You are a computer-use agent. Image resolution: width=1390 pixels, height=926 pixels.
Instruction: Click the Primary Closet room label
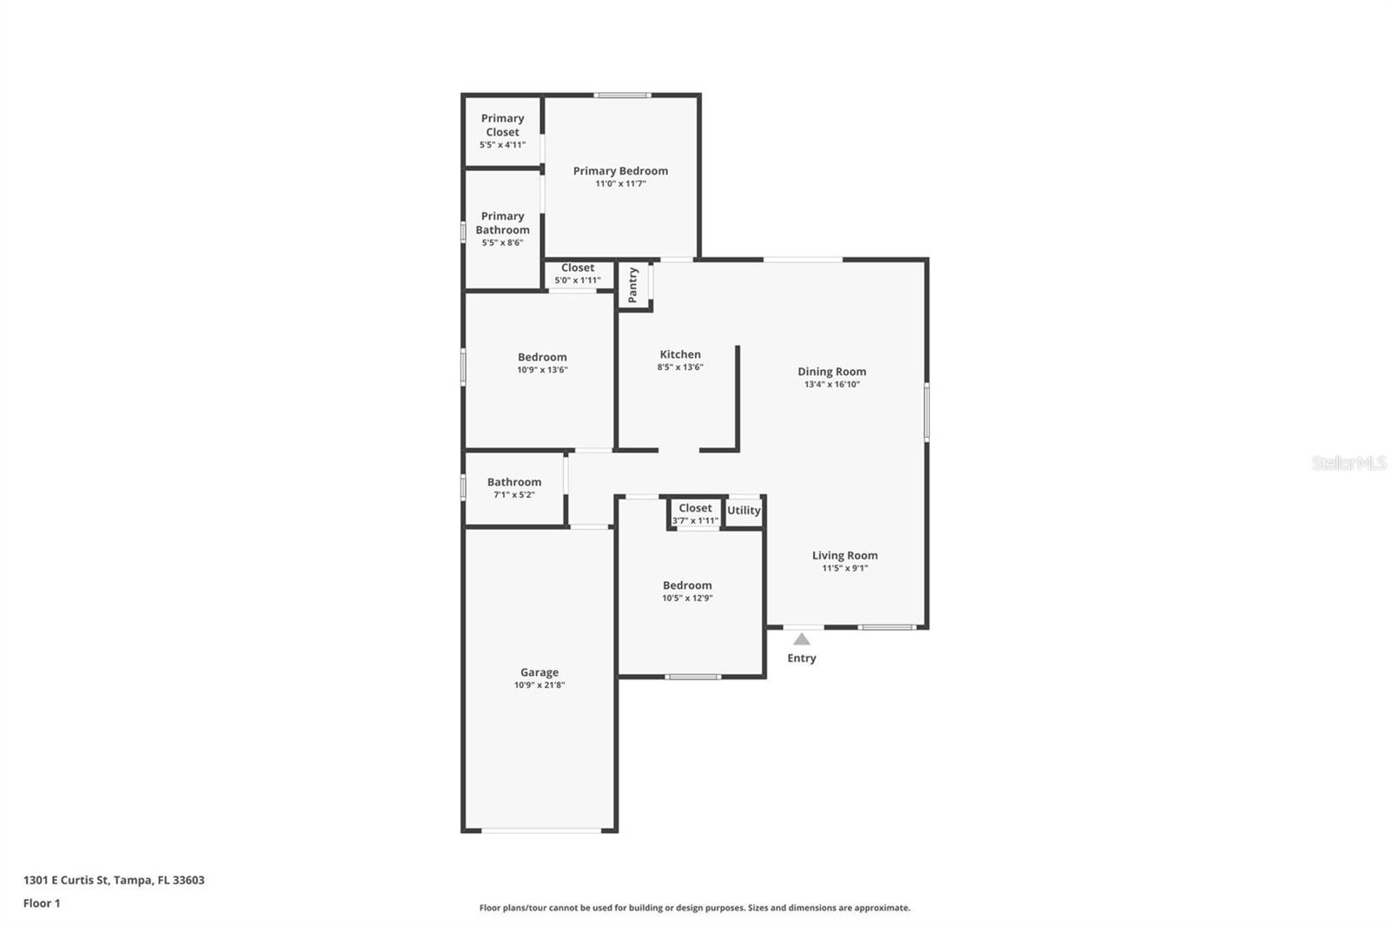click(x=502, y=125)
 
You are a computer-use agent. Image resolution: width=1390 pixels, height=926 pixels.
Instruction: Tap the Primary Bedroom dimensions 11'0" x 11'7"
click(x=620, y=184)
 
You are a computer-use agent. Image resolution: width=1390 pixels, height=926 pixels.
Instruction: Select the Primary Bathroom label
click(x=502, y=223)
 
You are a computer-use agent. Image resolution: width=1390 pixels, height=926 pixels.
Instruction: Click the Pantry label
click(x=633, y=285)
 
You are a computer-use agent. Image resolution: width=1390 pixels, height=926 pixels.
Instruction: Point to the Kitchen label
click(x=680, y=354)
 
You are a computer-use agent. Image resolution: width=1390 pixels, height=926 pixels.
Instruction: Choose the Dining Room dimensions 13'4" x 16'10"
click(x=831, y=384)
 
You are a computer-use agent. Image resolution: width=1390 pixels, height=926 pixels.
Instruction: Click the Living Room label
click(x=844, y=556)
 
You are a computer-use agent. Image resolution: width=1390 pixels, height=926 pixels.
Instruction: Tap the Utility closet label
click(x=744, y=511)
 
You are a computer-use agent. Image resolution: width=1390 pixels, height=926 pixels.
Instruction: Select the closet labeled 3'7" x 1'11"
click(x=695, y=514)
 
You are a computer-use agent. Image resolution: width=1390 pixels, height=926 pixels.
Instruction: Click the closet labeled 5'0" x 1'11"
click(x=578, y=274)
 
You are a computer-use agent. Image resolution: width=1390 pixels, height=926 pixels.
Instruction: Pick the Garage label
click(x=539, y=672)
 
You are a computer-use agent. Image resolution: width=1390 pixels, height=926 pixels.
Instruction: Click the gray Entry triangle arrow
click(x=802, y=639)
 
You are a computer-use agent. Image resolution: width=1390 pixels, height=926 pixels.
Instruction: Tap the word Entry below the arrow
click(x=802, y=658)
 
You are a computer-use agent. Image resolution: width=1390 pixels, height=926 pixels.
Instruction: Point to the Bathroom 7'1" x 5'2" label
click(x=513, y=487)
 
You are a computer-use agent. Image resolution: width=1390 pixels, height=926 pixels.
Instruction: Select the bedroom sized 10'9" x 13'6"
click(x=542, y=362)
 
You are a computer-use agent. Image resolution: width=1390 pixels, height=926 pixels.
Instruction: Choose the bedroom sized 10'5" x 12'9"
click(x=687, y=591)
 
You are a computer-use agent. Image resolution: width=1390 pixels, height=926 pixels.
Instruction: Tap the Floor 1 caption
click(x=42, y=903)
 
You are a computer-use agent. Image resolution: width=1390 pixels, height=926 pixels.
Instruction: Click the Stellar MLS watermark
click(x=1348, y=463)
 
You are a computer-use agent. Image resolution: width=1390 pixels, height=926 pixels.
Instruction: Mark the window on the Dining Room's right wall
click(x=927, y=412)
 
